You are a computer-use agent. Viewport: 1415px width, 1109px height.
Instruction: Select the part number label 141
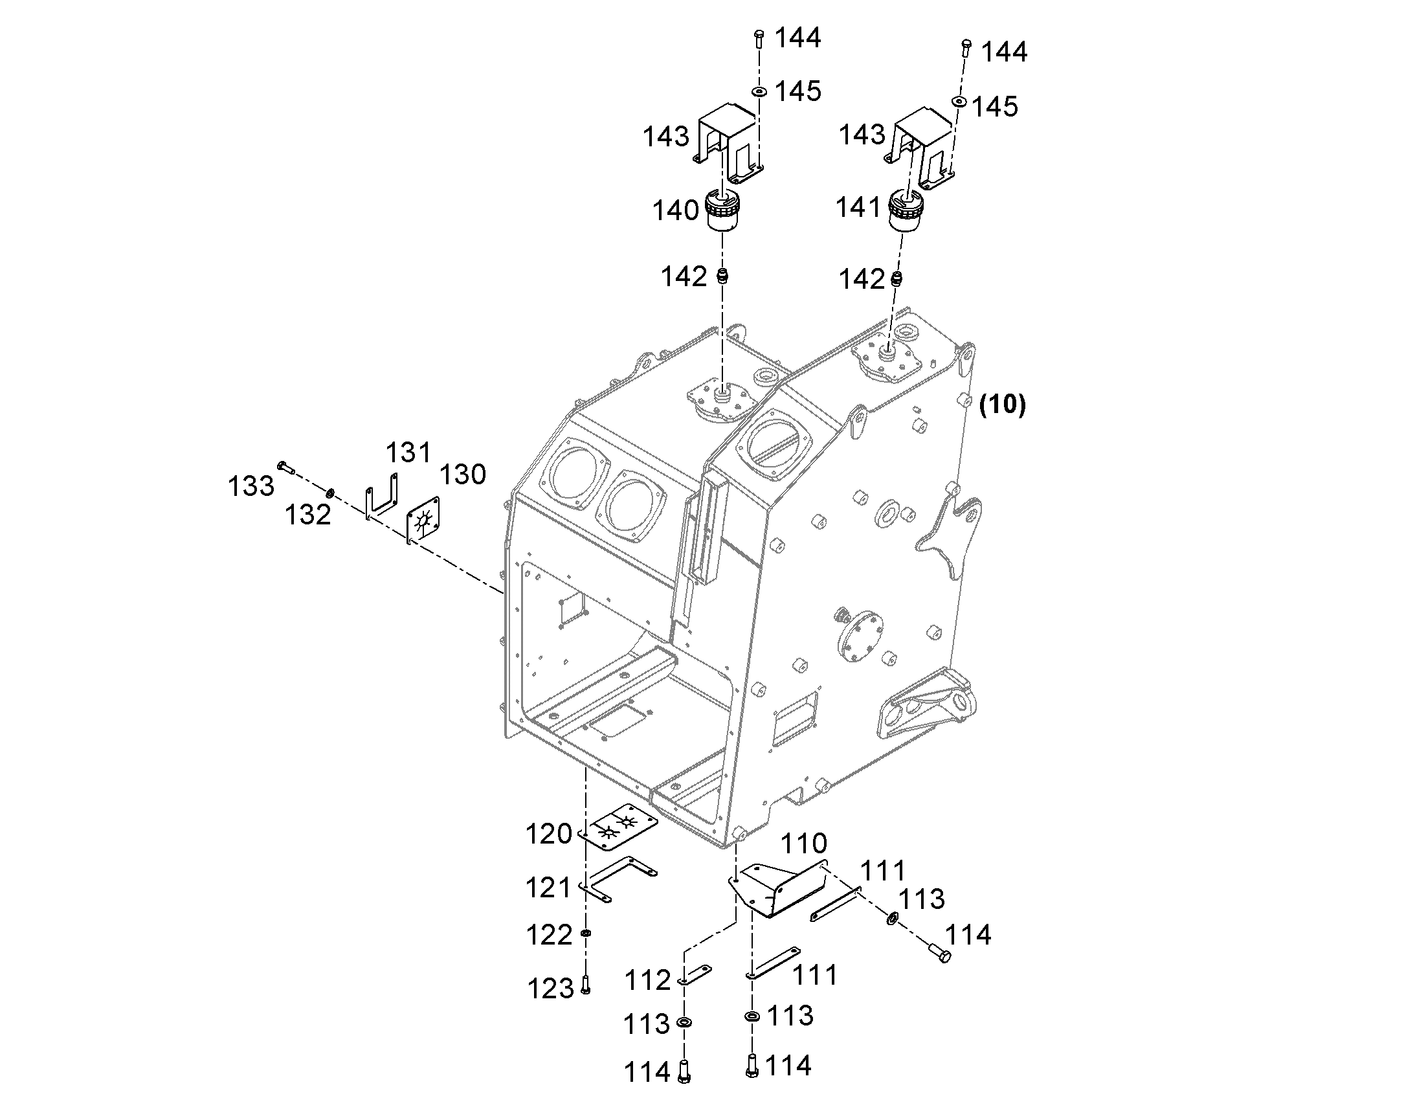(858, 207)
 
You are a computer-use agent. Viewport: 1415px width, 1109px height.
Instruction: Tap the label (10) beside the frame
(1003, 405)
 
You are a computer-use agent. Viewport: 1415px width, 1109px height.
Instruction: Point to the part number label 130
(463, 475)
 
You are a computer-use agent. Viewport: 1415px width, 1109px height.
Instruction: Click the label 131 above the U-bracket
(409, 452)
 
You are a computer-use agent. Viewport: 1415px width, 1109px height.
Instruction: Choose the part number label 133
(251, 486)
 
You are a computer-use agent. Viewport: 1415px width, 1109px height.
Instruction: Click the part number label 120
(548, 835)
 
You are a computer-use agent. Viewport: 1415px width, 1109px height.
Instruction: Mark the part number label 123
(550, 989)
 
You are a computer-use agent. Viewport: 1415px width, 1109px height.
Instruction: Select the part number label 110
(803, 844)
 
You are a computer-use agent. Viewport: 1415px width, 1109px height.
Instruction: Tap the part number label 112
(647, 980)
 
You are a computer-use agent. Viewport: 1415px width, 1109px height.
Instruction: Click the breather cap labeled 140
(724, 211)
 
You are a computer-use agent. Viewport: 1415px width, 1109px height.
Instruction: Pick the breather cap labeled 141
(906, 209)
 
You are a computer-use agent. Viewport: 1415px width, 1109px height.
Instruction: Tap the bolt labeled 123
(585, 985)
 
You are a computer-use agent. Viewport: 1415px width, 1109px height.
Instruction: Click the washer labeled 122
(586, 934)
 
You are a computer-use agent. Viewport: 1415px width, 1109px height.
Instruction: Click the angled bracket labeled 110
(777, 890)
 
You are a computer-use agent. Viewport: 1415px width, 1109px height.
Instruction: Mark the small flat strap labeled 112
(695, 976)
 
